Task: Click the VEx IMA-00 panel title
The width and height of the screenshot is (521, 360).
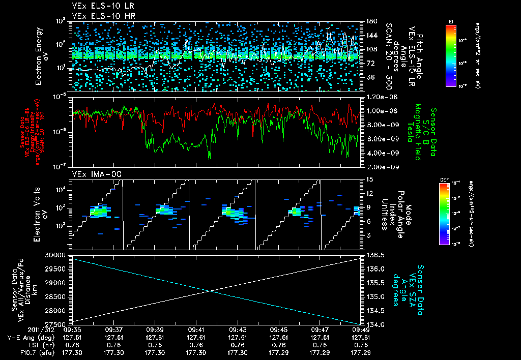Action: coord(90,174)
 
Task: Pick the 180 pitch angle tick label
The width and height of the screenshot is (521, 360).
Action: coord(370,22)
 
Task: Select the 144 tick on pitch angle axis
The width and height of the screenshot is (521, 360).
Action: coord(370,36)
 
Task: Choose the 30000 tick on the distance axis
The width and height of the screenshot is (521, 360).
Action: coord(57,255)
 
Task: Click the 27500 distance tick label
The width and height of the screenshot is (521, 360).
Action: coord(57,324)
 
